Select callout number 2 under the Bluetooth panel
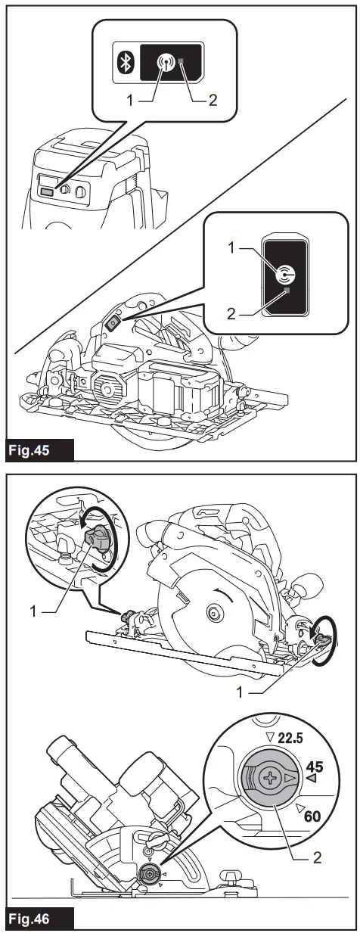tap(214, 100)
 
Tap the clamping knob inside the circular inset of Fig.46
tap(97, 537)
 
